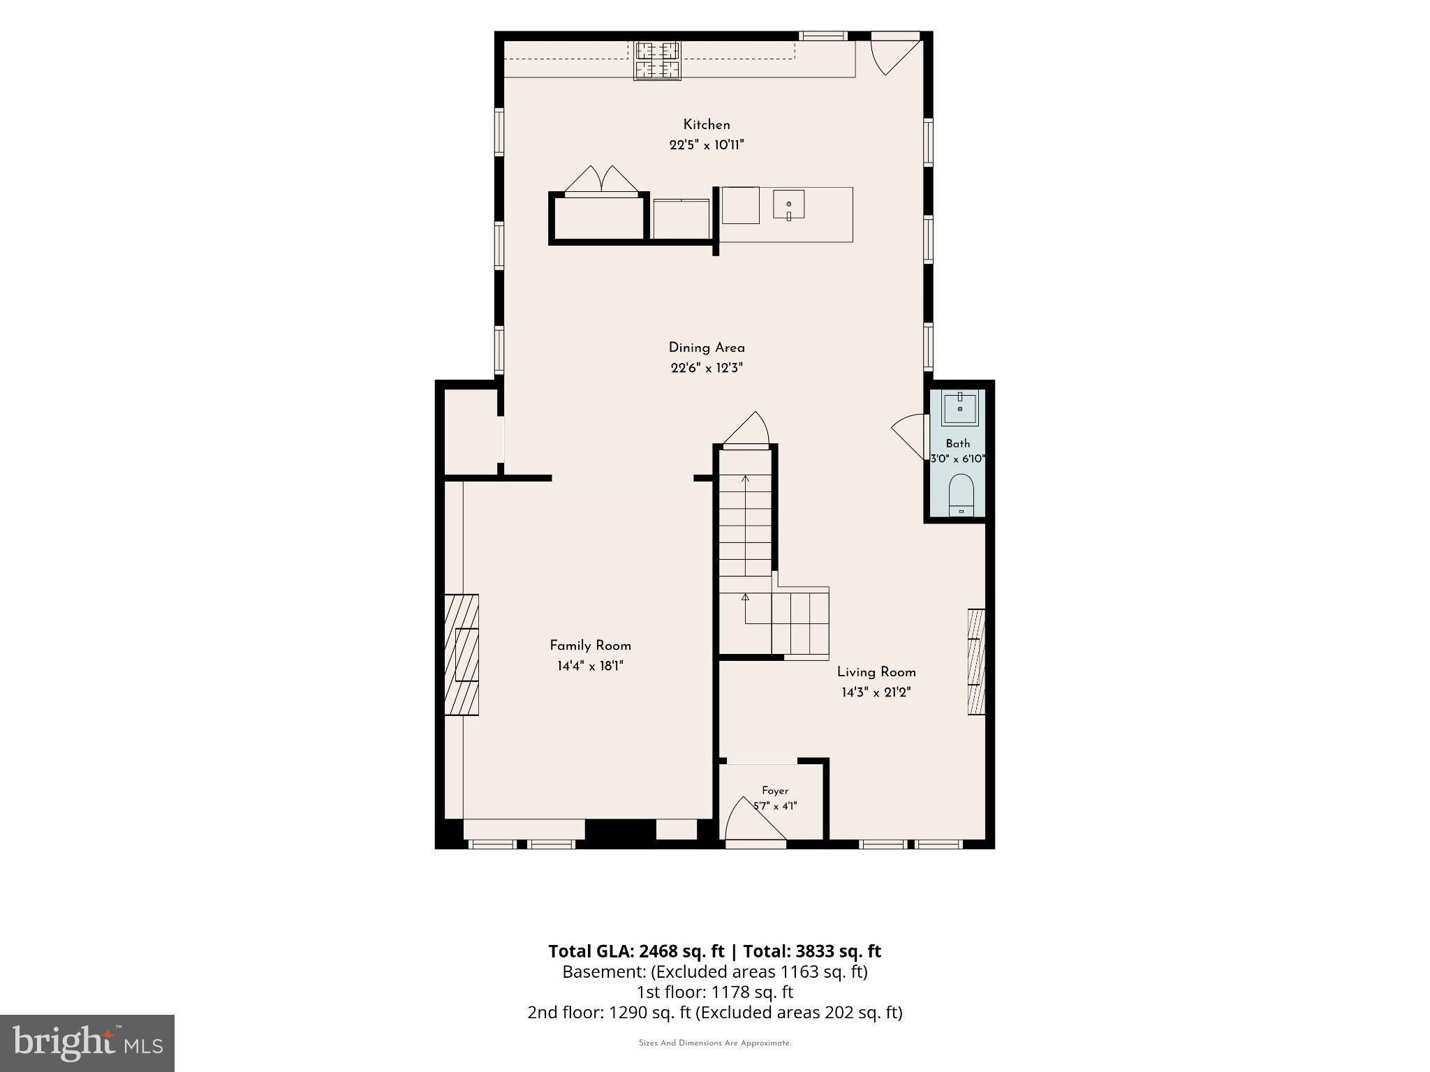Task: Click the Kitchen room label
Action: click(707, 125)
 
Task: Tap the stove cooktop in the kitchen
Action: click(657, 61)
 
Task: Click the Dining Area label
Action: click(707, 348)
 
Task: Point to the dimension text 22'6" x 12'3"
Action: click(707, 368)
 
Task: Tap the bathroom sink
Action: click(960, 408)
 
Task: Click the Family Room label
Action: click(590, 646)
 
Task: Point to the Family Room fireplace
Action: click(462, 655)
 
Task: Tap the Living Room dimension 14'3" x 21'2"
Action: click(876, 692)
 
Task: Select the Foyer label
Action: click(775, 791)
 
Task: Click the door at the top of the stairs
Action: click(746, 428)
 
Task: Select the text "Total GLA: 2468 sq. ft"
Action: click(636, 951)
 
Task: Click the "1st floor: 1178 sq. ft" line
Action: click(714, 992)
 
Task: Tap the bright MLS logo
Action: click(87, 1043)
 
